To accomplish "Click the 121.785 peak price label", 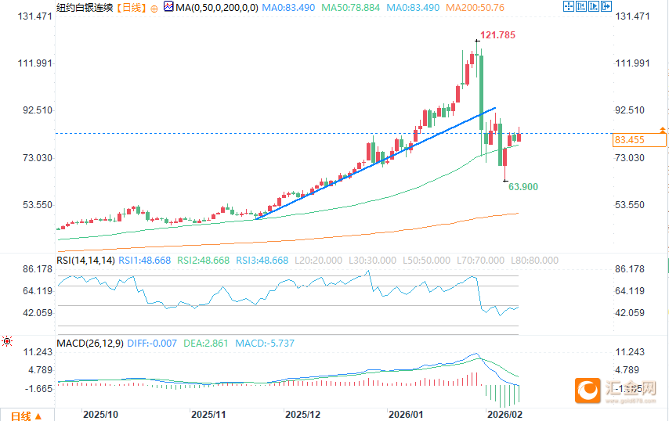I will point(498,36).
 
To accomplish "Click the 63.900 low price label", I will point(523,187).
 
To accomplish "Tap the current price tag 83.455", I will point(630,141).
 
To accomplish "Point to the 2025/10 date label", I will point(100,413).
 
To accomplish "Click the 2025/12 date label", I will point(302,413).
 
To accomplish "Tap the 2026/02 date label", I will point(504,413).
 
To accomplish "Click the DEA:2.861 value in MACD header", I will point(206,343).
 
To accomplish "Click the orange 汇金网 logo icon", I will point(588,389).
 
